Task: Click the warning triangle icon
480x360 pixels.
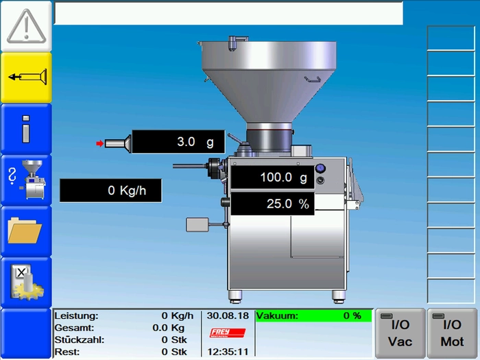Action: [x=26, y=26]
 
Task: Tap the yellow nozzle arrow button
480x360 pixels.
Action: [x=26, y=77]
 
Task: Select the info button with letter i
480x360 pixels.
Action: [x=26, y=129]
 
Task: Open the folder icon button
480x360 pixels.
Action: [x=26, y=231]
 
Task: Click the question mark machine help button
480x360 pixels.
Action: [x=26, y=180]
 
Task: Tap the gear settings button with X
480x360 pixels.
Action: [x=26, y=283]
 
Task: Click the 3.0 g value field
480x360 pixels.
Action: [x=178, y=142]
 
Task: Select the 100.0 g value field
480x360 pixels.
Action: [x=272, y=177]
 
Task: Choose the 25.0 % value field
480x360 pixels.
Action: [x=272, y=204]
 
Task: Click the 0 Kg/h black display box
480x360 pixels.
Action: [x=110, y=191]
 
